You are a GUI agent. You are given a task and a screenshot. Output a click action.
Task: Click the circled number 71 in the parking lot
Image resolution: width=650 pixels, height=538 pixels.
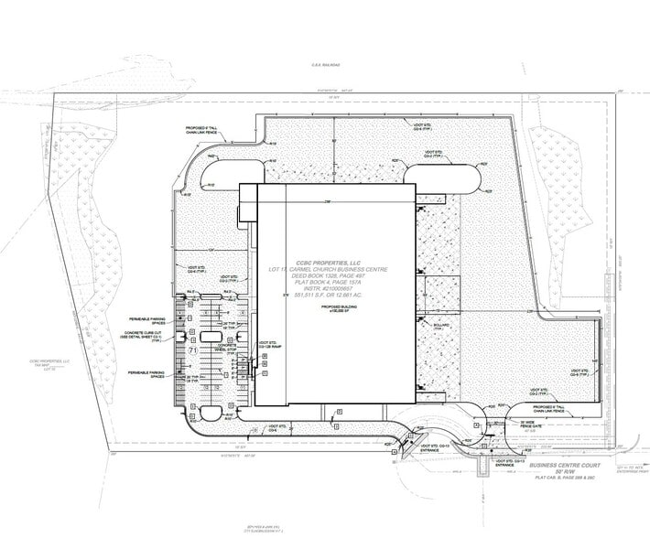tap(193, 350)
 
